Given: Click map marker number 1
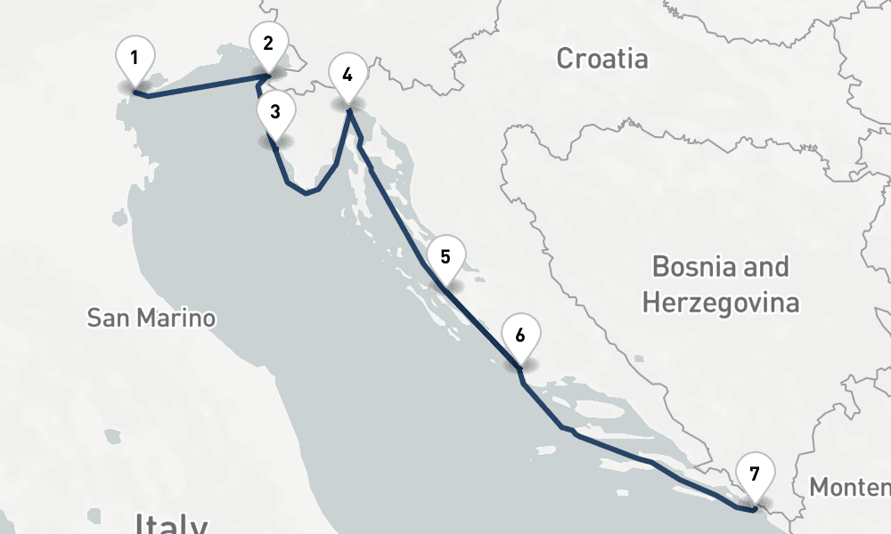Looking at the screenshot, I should tap(135, 61).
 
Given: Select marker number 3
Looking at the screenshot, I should tap(275, 113).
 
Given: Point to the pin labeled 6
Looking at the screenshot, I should tap(520, 336).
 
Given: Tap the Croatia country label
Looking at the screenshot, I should tap(602, 59).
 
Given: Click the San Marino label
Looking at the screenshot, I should tap(151, 318).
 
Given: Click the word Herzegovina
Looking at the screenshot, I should tap(720, 303).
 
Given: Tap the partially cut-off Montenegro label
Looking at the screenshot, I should tap(850, 488).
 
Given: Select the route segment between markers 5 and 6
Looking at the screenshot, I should tap(481, 326).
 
